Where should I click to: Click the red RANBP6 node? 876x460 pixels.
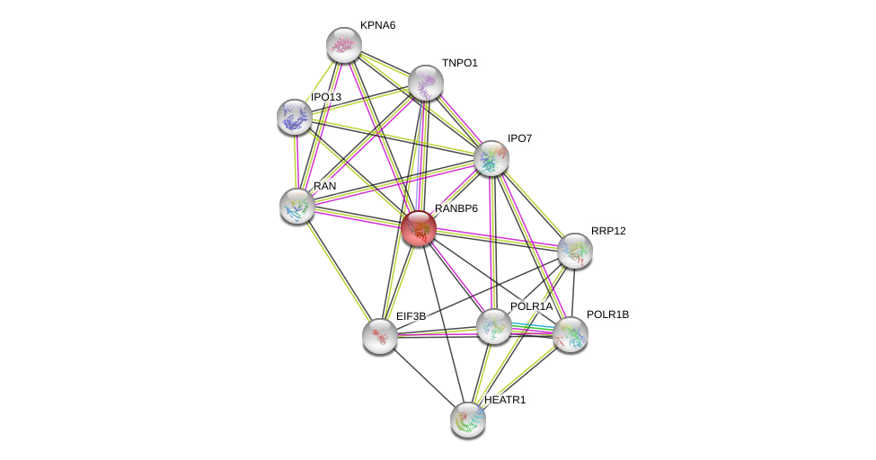(x=419, y=228)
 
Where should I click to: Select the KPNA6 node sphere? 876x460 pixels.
(x=343, y=44)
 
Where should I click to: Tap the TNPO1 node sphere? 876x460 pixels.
(x=425, y=83)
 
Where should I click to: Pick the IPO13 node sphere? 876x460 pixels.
(x=294, y=116)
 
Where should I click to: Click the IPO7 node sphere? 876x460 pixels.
(x=491, y=158)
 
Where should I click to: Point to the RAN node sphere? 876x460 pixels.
(x=296, y=206)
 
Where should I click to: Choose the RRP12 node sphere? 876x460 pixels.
(x=574, y=251)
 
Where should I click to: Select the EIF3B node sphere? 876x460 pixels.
(x=379, y=336)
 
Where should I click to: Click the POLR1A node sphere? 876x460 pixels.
(x=493, y=326)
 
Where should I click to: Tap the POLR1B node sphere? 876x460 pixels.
(x=570, y=334)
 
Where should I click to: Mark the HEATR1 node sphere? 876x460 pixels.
(x=467, y=419)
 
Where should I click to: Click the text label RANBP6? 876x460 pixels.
(x=456, y=208)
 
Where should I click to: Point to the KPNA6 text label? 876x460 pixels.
(x=377, y=25)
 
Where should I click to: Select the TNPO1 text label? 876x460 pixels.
(x=460, y=63)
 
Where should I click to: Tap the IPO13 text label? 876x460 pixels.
(x=326, y=97)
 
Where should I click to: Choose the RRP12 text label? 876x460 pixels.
(x=608, y=231)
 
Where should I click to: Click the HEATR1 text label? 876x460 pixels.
(x=505, y=399)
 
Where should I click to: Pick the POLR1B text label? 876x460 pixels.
(x=608, y=314)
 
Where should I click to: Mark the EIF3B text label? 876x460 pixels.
(x=411, y=316)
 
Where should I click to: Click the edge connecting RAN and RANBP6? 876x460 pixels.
(x=358, y=217)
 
